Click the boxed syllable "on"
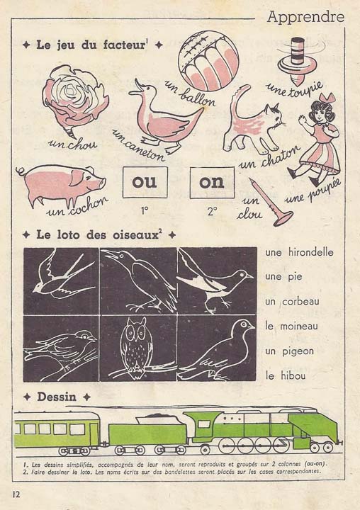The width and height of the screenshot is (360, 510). tap(211, 181)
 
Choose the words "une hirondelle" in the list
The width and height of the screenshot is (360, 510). tap(298, 253)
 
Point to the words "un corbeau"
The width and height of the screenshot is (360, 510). tap(293, 301)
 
